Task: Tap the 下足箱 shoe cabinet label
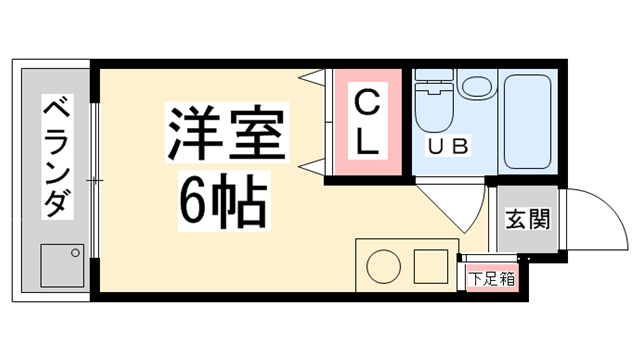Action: [494, 278]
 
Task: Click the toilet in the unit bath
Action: [435, 111]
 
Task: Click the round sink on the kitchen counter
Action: [382, 267]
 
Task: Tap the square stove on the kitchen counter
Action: [431, 266]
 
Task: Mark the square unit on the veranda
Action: [62, 265]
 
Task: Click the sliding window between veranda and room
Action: [94, 180]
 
